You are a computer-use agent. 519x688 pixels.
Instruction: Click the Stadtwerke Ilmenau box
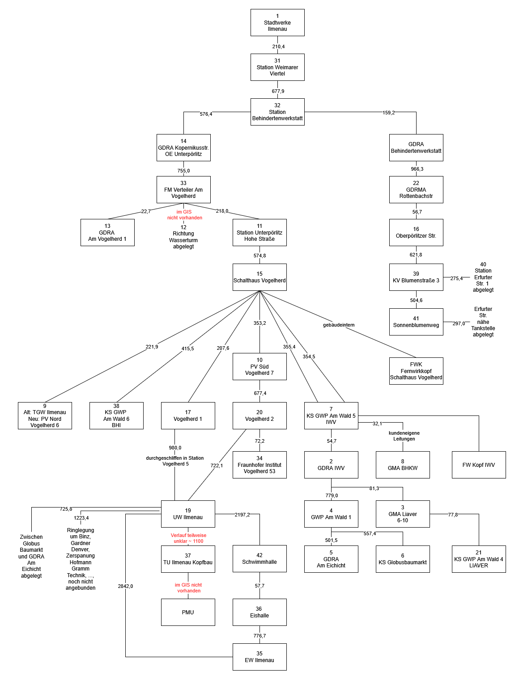pyautogui.click(x=277, y=22)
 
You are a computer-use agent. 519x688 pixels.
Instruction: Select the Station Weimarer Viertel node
pyautogui.click(x=277, y=67)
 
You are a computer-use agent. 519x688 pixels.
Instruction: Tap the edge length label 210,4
pyautogui.click(x=278, y=46)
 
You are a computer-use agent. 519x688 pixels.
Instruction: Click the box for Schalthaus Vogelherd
pyautogui.click(x=259, y=277)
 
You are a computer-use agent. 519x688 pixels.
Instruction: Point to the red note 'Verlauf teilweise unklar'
pyautogui.click(x=188, y=538)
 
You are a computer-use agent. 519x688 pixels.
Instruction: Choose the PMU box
pyautogui.click(x=188, y=612)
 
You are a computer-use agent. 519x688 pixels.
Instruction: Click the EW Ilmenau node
pyautogui.click(x=259, y=657)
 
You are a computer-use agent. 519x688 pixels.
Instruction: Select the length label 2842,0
pyautogui.click(x=125, y=586)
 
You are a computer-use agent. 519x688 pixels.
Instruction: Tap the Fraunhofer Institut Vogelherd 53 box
pyautogui.click(x=259, y=465)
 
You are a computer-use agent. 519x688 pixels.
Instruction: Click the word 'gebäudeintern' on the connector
pyautogui.click(x=339, y=325)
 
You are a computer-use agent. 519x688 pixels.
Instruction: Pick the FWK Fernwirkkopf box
pyautogui.click(x=416, y=371)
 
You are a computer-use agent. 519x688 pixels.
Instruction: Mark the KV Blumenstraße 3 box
pyautogui.click(x=416, y=277)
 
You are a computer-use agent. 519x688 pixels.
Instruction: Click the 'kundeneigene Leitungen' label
pyautogui.click(x=404, y=436)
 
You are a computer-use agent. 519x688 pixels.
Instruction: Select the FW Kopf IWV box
pyautogui.click(x=479, y=465)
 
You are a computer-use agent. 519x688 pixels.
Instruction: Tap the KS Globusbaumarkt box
pyautogui.click(x=403, y=559)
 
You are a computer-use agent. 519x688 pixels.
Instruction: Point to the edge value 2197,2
pyautogui.click(x=242, y=515)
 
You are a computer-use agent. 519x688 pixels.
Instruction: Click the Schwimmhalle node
pyautogui.click(x=259, y=558)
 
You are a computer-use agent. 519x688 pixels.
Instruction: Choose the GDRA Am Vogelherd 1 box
pyautogui.click(x=107, y=232)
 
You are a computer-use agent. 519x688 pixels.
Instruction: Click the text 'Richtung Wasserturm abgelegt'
pyautogui.click(x=183, y=237)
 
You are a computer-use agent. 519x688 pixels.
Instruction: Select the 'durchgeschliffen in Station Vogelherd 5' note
pyautogui.click(x=175, y=461)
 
